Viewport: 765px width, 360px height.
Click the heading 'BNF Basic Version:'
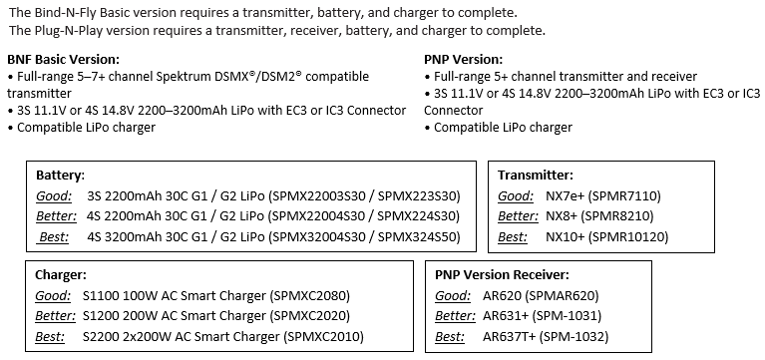click(63, 60)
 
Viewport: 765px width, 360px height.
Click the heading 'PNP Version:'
click(463, 60)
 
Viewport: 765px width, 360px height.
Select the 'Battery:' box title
click(61, 176)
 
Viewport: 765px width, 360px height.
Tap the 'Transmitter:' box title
click(536, 176)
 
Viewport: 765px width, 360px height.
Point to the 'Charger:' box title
click(61, 275)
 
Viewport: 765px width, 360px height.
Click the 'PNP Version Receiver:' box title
click(502, 275)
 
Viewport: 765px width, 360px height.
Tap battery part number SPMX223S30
click(417, 196)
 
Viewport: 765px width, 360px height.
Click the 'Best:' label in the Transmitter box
click(513, 237)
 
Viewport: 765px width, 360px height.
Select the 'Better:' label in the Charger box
click(55, 316)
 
